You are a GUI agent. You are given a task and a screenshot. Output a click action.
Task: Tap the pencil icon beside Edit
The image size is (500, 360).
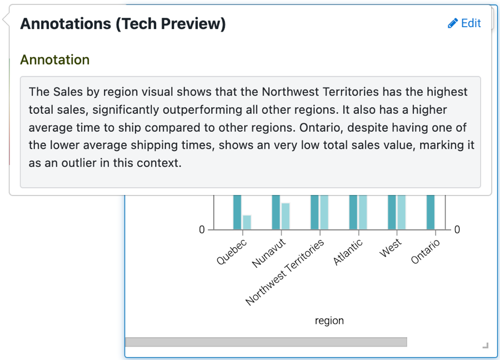pyautogui.click(x=452, y=23)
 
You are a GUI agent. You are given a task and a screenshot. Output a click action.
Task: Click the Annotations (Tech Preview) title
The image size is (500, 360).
pyautogui.click(x=123, y=24)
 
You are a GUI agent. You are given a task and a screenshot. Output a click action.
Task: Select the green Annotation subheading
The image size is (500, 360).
pyautogui.click(x=55, y=59)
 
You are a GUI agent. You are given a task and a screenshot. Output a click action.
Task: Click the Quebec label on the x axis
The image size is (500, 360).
pyautogui.click(x=232, y=251)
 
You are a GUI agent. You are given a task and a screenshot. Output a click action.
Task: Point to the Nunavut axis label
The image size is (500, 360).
pyautogui.click(x=268, y=253)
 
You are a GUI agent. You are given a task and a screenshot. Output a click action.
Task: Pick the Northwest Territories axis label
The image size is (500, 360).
pyautogui.click(x=284, y=272)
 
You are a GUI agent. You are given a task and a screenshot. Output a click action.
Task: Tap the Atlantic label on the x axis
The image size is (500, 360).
pyautogui.click(x=348, y=252)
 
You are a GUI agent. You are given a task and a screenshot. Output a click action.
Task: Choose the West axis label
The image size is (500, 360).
pyautogui.click(x=391, y=248)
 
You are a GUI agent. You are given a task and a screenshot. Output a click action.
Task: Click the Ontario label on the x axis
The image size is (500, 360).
pyautogui.click(x=425, y=252)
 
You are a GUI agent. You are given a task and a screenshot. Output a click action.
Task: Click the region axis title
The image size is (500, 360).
pyautogui.click(x=329, y=321)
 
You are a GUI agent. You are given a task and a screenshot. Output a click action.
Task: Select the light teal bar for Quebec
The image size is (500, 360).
pyautogui.click(x=247, y=222)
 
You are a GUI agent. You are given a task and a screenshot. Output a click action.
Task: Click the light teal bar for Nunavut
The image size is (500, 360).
pyautogui.click(x=286, y=216)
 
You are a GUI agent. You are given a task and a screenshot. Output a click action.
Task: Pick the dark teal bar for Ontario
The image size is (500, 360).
pyautogui.click(x=431, y=212)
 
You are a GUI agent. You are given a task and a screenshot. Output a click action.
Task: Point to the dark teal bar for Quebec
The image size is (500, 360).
pyautogui.click(x=237, y=212)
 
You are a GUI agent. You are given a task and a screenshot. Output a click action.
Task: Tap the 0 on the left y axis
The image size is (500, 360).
pyautogui.click(x=202, y=229)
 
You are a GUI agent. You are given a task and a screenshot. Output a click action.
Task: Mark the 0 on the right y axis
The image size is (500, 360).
pyautogui.click(x=457, y=229)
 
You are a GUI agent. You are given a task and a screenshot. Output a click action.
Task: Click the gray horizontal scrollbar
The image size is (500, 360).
pyautogui.click(x=266, y=342)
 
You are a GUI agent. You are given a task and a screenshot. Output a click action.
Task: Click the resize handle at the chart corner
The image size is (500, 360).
pyautogui.click(x=486, y=346)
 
